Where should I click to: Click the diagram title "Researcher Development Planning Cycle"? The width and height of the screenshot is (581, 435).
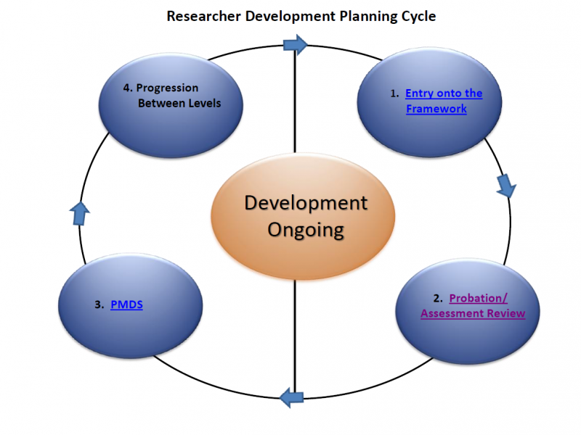click(301, 17)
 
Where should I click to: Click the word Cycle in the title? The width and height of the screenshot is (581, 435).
click(419, 17)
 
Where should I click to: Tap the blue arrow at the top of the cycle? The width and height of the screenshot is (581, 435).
click(296, 45)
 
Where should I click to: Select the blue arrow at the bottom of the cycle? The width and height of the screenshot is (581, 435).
click(292, 397)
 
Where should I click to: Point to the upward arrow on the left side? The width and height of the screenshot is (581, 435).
click(80, 214)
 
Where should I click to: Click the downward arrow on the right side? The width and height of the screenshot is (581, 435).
click(505, 186)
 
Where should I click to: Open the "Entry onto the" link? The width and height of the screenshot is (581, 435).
click(444, 94)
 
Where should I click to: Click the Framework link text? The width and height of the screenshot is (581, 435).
click(436, 109)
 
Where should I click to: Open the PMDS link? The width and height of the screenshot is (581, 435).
click(126, 304)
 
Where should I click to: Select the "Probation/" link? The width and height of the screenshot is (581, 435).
click(478, 298)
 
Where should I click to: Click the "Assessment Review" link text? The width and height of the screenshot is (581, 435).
click(473, 313)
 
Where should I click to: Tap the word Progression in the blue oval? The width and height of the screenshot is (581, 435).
click(167, 88)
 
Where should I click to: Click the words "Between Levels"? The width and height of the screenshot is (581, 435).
click(179, 103)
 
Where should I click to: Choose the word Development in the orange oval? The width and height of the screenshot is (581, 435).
click(306, 203)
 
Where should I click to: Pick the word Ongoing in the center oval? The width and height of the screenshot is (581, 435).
click(306, 231)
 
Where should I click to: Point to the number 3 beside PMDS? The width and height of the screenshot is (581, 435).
click(98, 304)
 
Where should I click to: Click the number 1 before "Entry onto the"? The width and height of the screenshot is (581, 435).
click(393, 94)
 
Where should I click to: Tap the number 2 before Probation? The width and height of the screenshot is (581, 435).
click(437, 298)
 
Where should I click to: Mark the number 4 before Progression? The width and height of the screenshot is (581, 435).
click(126, 88)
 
